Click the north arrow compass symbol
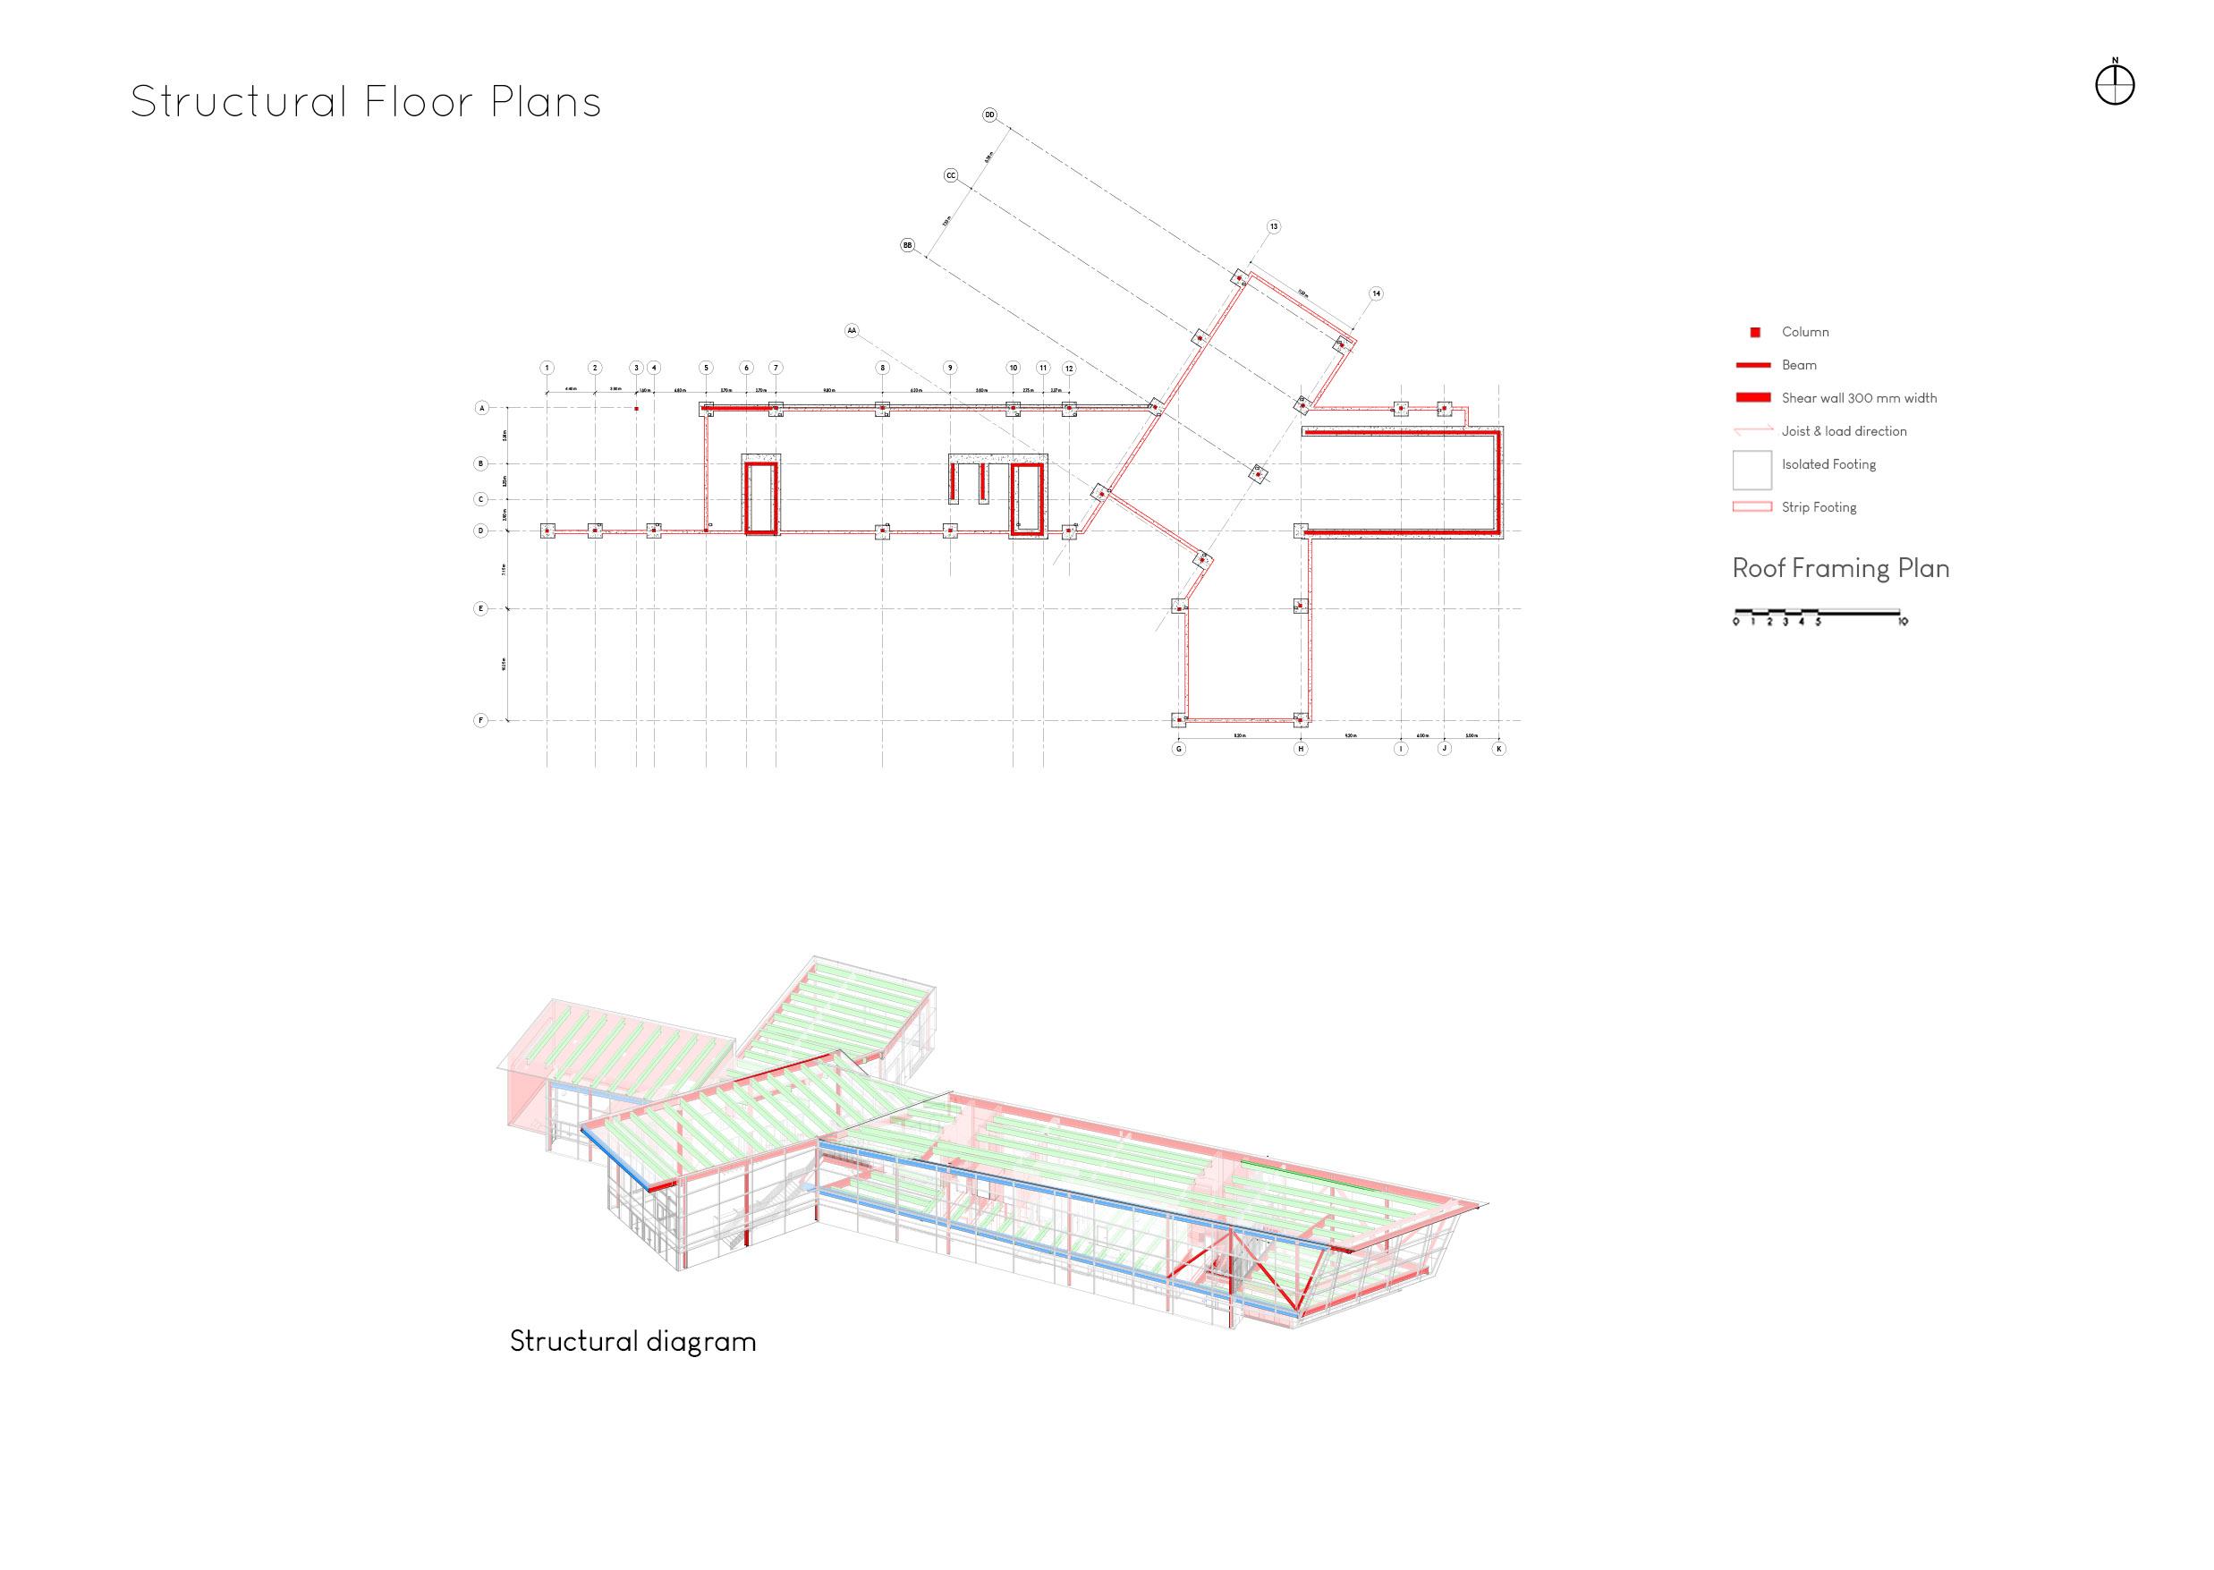click(2115, 86)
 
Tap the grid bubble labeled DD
click(989, 115)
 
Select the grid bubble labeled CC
click(950, 176)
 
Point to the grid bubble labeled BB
click(907, 245)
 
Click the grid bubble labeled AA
click(852, 331)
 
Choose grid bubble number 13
click(1273, 226)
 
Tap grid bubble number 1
click(547, 368)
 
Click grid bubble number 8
click(882, 368)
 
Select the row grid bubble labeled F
click(480, 720)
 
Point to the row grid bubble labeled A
click(481, 408)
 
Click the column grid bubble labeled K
click(1498, 748)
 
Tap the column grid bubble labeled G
click(1178, 748)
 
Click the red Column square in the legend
click(1755, 333)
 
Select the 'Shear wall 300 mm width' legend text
click(1858, 398)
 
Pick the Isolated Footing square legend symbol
click(1752, 470)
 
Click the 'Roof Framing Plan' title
click(1840, 568)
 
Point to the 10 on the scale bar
click(1902, 622)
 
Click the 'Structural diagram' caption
click(632, 1342)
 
